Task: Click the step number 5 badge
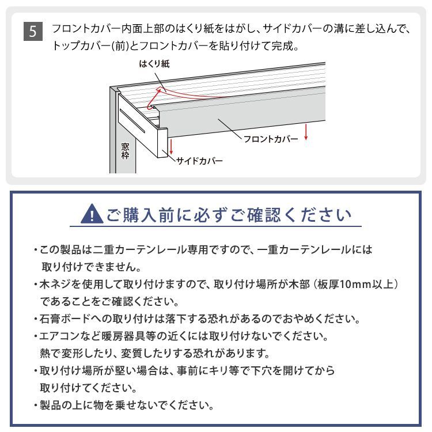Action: (x=33, y=31)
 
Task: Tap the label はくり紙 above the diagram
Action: (x=154, y=64)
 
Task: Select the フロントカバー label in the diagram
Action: (x=271, y=139)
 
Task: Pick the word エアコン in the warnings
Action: (x=56, y=336)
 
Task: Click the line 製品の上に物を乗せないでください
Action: (x=127, y=405)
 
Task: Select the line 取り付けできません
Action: (x=92, y=267)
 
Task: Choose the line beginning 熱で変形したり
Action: (x=154, y=353)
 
